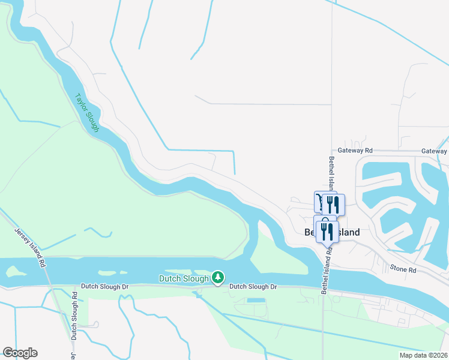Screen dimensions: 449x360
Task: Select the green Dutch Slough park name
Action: point(184,278)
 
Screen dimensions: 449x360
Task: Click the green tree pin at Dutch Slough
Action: point(218,277)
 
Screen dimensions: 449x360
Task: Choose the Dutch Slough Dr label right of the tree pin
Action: point(253,287)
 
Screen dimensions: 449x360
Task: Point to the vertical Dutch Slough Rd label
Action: point(74,316)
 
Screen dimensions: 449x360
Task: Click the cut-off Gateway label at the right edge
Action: point(434,151)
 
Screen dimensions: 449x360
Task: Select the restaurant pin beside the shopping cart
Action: point(334,204)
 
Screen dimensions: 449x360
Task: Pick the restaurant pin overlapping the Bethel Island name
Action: point(327,230)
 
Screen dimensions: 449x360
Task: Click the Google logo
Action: point(20,353)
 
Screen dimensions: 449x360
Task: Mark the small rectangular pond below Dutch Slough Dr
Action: point(255,299)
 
